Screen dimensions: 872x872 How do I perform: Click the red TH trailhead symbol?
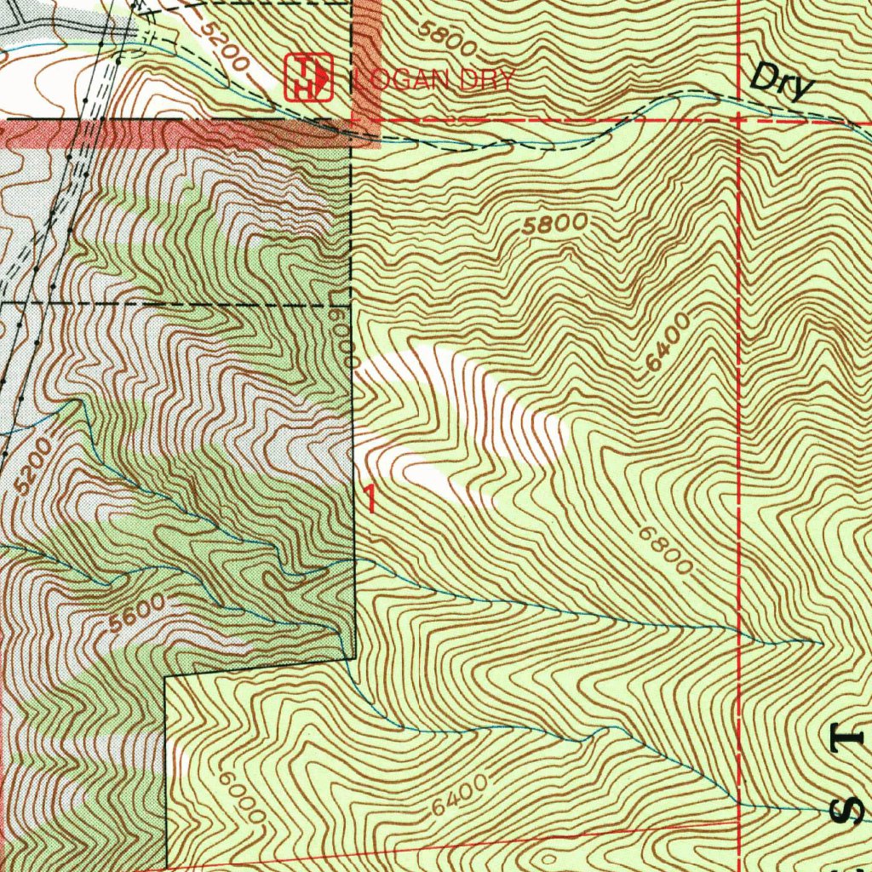[308, 77]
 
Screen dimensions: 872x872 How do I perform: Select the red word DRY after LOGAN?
[486, 81]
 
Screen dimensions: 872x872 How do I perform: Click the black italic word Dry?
[782, 83]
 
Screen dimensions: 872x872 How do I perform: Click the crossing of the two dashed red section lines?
[738, 121]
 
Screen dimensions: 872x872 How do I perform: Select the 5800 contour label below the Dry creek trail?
[555, 224]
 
